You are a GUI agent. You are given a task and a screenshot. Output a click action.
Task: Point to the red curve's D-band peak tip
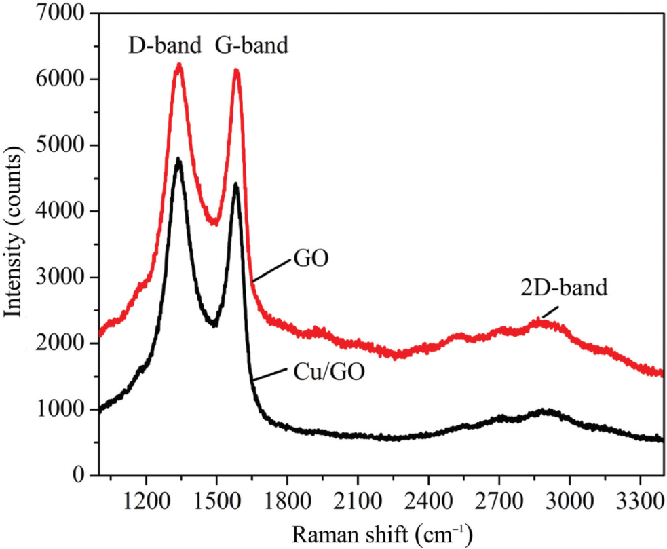click(x=179, y=65)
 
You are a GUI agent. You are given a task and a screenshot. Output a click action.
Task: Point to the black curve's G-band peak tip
click(x=235, y=184)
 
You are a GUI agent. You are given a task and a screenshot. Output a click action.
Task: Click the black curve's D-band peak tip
click(x=178, y=160)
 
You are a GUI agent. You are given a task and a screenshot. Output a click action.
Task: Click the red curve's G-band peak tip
click(x=236, y=71)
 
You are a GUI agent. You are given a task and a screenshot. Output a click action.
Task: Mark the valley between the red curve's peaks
click(x=214, y=222)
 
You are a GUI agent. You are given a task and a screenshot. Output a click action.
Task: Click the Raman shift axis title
click(x=381, y=532)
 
